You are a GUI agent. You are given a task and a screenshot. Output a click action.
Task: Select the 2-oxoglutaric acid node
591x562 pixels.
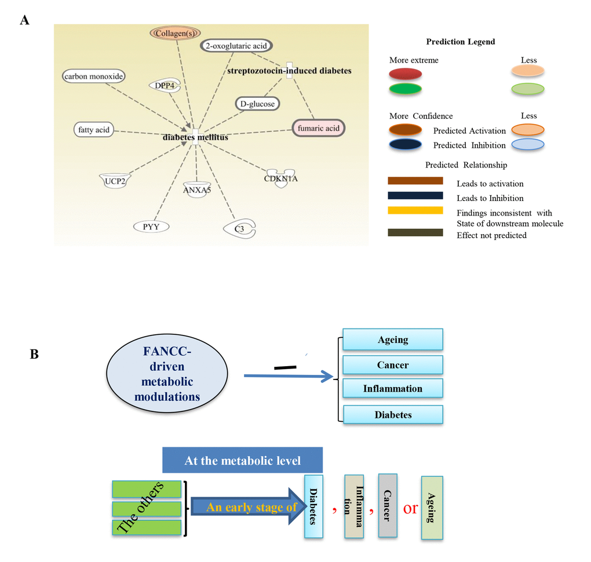click(x=236, y=45)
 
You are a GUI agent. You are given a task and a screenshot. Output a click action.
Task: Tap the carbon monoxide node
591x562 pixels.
click(x=94, y=76)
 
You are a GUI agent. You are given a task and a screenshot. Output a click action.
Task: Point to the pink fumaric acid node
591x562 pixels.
click(x=319, y=128)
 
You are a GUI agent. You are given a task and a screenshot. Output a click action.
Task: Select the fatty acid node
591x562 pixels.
click(x=93, y=130)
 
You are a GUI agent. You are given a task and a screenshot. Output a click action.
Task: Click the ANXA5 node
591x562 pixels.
click(x=195, y=189)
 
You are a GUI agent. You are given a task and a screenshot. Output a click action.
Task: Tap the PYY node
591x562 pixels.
click(x=151, y=227)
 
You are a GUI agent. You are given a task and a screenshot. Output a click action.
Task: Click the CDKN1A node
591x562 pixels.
click(x=281, y=177)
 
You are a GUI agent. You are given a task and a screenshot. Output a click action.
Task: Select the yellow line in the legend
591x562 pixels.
click(x=415, y=210)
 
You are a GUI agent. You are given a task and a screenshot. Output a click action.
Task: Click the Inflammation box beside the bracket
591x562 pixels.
click(x=393, y=388)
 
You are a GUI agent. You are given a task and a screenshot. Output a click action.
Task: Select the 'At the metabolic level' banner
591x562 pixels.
click(x=242, y=461)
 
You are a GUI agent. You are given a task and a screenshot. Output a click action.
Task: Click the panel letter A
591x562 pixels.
click(x=24, y=20)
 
